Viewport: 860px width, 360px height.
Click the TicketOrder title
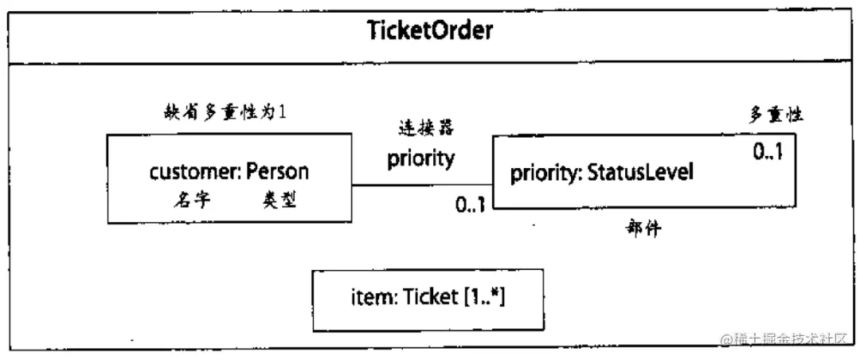pyautogui.click(x=431, y=32)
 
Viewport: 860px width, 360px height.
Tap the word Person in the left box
pyautogui.click(x=277, y=171)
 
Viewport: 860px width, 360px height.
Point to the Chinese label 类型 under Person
pyautogui.click(x=279, y=200)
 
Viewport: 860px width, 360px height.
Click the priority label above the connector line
pyautogui.click(x=420, y=158)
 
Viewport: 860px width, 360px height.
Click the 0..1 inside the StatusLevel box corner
pyautogui.click(x=768, y=151)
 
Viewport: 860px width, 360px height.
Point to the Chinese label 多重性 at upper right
pyautogui.click(x=774, y=115)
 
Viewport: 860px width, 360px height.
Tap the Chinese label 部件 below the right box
pyautogui.click(x=643, y=229)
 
